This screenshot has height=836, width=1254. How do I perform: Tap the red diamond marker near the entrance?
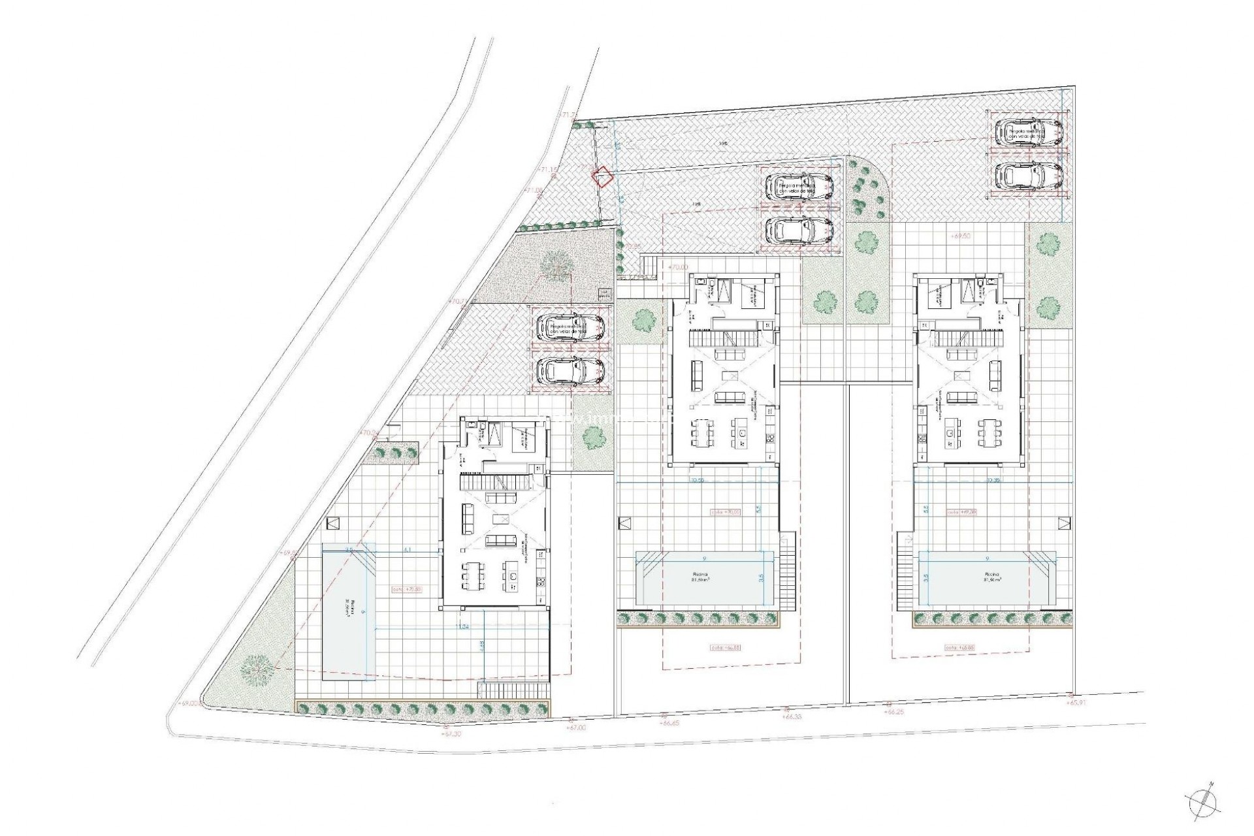click(602, 177)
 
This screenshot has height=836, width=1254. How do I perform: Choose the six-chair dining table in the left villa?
click(470, 574)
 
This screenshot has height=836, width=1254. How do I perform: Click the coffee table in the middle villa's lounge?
click(732, 376)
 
